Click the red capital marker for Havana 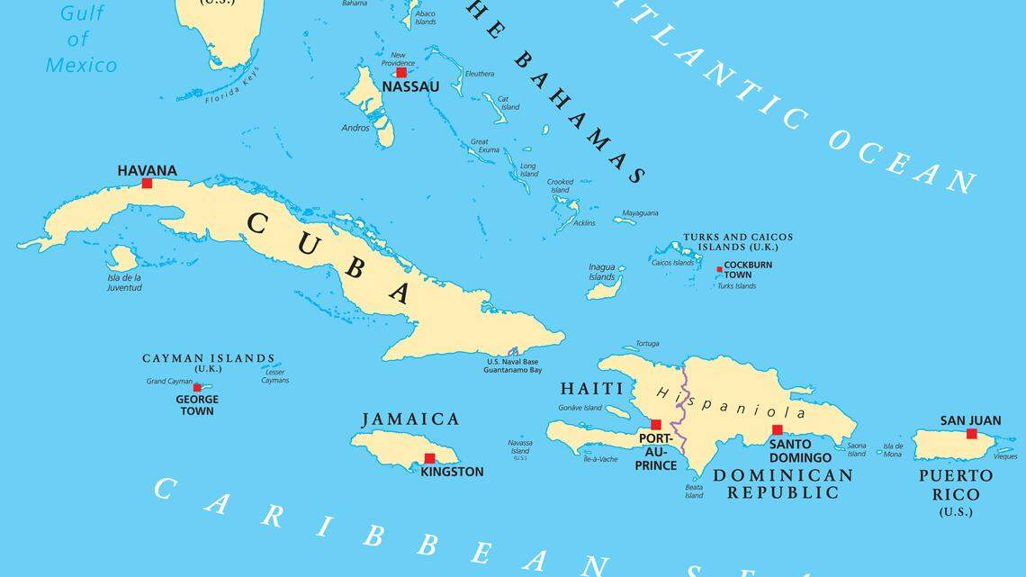click(x=147, y=183)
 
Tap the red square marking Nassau click(x=401, y=72)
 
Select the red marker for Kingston click(x=429, y=458)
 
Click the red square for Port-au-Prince click(x=656, y=425)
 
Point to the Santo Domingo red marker click(x=777, y=429)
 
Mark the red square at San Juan click(x=971, y=434)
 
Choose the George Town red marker click(x=197, y=387)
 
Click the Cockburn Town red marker click(x=719, y=269)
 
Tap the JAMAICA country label click(x=410, y=419)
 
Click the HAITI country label click(x=591, y=389)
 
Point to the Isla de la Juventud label click(x=124, y=283)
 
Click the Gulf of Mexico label click(x=81, y=39)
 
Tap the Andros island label click(x=355, y=128)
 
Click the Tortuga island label click(x=647, y=343)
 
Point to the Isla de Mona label click(x=892, y=450)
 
